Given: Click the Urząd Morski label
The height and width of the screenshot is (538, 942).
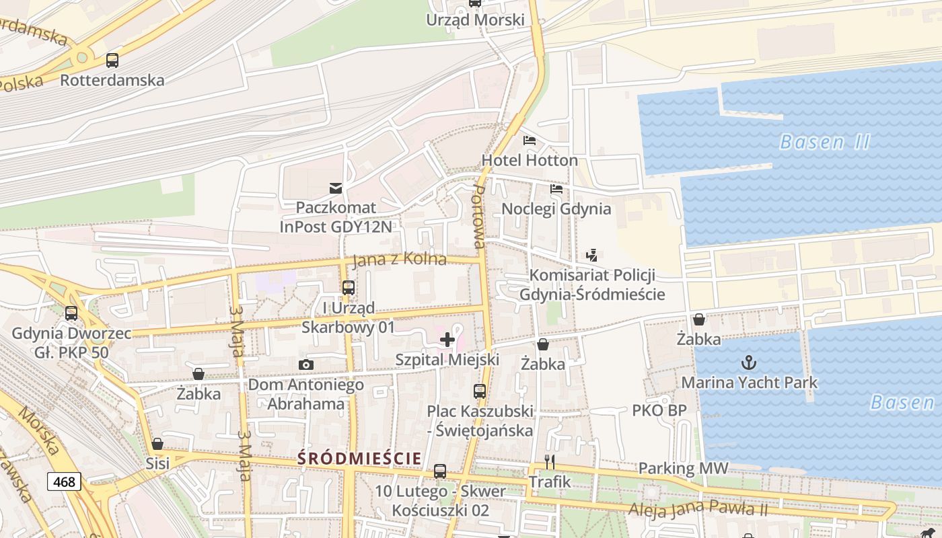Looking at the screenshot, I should [475, 20].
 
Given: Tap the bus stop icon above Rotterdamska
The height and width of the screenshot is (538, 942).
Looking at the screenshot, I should [112, 61].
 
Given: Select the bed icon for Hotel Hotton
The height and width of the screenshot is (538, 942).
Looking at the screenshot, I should [530, 141].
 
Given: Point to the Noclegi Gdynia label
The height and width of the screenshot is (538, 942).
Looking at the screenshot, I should [556, 208].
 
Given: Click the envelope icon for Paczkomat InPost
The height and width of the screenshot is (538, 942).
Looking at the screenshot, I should [335, 188].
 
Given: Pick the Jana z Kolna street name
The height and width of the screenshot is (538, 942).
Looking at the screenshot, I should [400, 259].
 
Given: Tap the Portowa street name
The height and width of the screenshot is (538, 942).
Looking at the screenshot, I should [478, 217].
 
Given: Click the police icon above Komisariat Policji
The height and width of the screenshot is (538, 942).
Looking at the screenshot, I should [591, 255].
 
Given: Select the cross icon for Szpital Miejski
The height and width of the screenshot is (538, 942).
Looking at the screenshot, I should [447, 340].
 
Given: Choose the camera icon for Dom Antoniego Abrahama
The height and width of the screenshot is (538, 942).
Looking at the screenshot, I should [306, 364].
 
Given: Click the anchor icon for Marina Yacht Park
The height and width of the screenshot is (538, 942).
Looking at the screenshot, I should [749, 363].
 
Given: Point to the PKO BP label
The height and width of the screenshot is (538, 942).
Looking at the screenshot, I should [659, 410].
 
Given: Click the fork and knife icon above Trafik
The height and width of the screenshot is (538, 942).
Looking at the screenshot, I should [550, 461].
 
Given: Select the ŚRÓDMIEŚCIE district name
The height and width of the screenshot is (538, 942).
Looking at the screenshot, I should [360, 459].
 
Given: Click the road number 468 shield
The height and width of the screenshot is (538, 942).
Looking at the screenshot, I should [65, 482].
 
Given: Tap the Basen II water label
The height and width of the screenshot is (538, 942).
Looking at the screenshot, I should [824, 143].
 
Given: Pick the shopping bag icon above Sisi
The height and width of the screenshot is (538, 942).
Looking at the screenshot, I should [157, 444].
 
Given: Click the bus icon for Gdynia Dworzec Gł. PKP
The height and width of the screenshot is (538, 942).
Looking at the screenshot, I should [71, 313].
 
